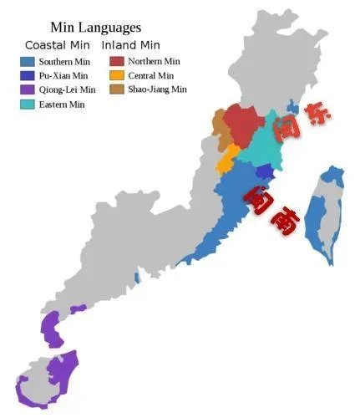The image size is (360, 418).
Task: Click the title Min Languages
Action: point(95,28)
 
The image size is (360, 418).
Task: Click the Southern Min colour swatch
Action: point(27,62)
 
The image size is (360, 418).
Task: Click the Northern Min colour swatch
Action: point(116,61)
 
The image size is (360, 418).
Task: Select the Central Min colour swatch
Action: point(116,75)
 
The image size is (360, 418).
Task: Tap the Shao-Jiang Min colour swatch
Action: point(116,89)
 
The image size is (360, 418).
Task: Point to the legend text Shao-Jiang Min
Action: point(158,89)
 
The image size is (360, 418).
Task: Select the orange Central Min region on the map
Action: point(226,159)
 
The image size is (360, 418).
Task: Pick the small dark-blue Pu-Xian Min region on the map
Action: point(265,172)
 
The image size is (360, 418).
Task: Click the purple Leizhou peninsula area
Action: point(51,330)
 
